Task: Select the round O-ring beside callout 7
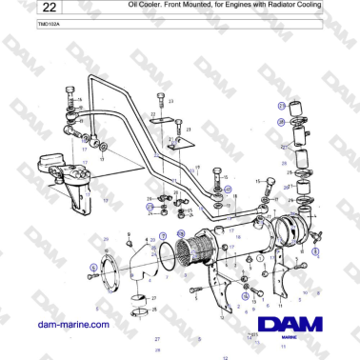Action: pos(170,254)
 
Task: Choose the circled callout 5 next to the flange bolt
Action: pos(92,267)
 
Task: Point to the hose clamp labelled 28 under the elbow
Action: pos(140,307)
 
